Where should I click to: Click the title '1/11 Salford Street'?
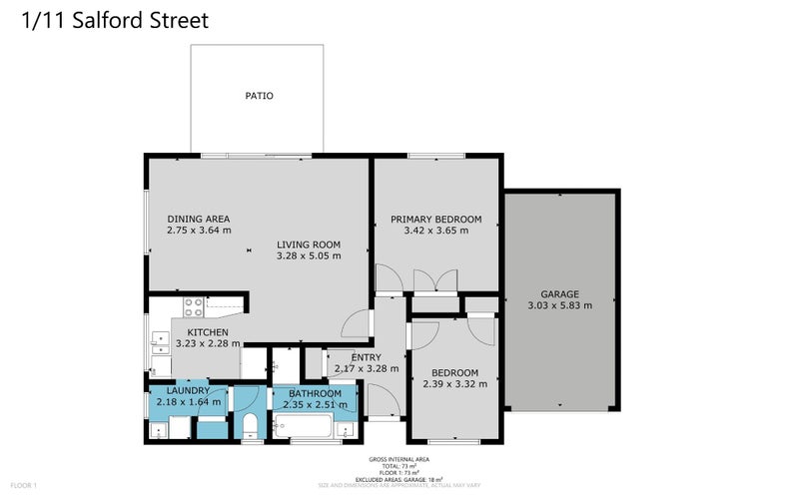[x=115, y=20]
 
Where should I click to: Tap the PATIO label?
[x=259, y=97]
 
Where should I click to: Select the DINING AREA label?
[x=199, y=219]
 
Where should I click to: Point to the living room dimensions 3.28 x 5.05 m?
[x=309, y=255]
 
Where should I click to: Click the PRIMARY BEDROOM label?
[x=435, y=219]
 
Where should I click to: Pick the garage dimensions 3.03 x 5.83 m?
[x=559, y=305]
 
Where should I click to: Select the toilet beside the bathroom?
[x=251, y=426]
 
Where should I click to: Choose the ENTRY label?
[x=340, y=356]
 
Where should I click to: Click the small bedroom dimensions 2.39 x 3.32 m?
[x=454, y=383]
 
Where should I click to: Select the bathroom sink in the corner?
[x=345, y=429]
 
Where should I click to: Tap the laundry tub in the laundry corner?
[x=159, y=430]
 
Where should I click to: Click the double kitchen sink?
[x=159, y=343]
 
